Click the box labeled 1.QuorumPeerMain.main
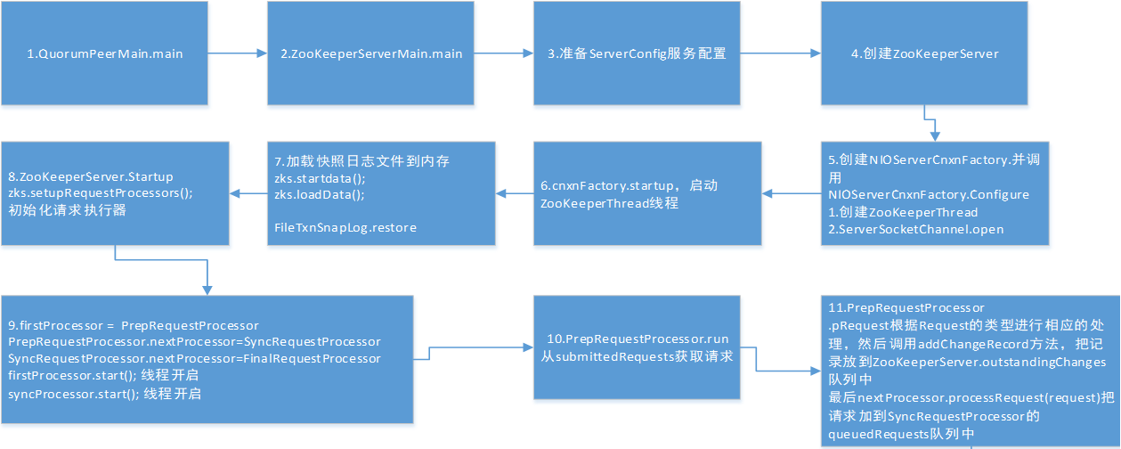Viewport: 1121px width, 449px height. pyautogui.click(x=104, y=53)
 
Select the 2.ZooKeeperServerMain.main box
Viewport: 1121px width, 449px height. pyautogui.click(x=371, y=53)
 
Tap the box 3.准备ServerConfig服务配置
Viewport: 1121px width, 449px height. pyautogui.click(x=637, y=53)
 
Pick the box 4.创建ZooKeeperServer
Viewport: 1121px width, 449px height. pyautogui.click(x=924, y=53)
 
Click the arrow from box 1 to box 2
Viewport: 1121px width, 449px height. pyautogui.click(x=238, y=53)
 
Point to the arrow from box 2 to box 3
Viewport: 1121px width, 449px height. pyautogui.click(x=503, y=53)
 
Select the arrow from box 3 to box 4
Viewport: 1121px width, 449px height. pyautogui.click(x=779, y=53)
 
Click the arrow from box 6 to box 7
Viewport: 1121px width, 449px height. pyautogui.click(x=515, y=192)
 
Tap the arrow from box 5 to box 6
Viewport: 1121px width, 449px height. pyautogui.click(x=792, y=192)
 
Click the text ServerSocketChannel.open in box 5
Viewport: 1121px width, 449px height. pyautogui.click(x=915, y=230)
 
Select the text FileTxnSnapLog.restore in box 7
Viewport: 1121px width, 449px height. pyautogui.click(x=345, y=228)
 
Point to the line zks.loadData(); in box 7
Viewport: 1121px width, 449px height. pyautogui.click(x=308, y=194)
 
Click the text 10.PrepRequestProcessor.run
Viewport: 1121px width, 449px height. pyautogui.click(x=636, y=340)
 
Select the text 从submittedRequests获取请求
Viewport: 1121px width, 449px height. pyautogui.click(x=636, y=357)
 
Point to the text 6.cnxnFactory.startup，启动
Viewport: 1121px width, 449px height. pyautogui.click(x=629, y=186)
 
